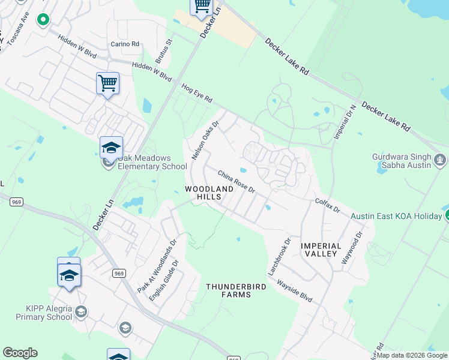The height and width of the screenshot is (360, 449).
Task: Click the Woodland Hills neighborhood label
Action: (209, 193)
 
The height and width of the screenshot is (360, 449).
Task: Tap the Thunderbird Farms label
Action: (236, 291)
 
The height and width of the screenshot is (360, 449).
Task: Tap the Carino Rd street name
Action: (125, 44)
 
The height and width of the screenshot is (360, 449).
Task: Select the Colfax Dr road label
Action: (327, 206)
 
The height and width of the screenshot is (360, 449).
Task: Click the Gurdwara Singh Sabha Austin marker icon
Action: (441, 160)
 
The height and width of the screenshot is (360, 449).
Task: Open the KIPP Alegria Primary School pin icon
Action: (81, 311)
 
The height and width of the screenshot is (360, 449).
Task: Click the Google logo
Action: (20, 353)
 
